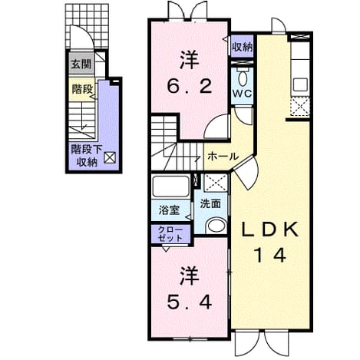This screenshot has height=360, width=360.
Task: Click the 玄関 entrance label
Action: [x=81, y=64]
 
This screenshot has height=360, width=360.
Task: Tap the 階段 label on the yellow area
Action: [x=82, y=89]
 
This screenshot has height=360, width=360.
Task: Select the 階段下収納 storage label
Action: [x=87, y=156]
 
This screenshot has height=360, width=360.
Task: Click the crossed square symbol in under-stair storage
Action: [x=110, y=157]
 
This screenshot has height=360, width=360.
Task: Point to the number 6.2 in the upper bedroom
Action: [x=190, y=86]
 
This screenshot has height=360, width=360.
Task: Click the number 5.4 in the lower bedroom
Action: [x=190, y=302]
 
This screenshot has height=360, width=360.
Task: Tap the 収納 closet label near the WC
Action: [x=243, y=47]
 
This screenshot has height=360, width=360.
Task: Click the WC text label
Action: [x=242, y=94]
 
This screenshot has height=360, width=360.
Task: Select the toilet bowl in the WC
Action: [x=243, y=77]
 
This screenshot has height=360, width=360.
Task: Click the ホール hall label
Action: [x=223, y=156]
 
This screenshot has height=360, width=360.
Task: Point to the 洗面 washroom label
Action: [x=210, y=203]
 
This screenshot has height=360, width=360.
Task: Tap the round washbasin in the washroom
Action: [x=216, y=226]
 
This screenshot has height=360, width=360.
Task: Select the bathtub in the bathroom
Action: [x=170, y=187]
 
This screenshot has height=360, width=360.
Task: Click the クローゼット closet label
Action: [x=170, y=233]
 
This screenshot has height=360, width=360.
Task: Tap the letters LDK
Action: [x=270, y=230]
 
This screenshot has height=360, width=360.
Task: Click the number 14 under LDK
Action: [x=270, y=255]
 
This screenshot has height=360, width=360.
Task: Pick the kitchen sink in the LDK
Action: [x=300, y=85]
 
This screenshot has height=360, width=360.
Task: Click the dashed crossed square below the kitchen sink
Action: [x=300, y=107]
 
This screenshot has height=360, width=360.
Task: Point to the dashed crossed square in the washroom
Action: [x=216, y=183]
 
